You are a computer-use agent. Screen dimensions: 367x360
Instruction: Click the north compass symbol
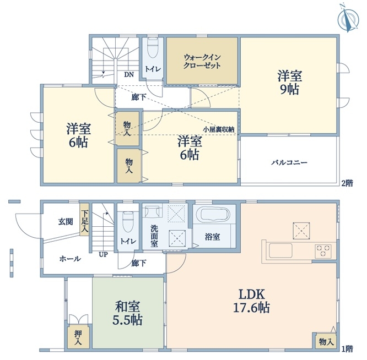coord(348,18)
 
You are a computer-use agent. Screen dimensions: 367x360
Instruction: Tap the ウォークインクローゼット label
coord(202,61)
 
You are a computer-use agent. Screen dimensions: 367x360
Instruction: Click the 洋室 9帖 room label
coord(290,83)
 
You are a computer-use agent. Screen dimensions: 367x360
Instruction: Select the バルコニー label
coord(289,162)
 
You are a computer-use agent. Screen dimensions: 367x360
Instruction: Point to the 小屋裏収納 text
coord(218,129)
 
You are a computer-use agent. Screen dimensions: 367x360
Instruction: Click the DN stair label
coord(129,74)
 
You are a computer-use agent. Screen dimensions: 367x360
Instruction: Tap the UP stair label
coord(103,254)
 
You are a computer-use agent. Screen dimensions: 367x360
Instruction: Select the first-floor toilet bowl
coord(128,222)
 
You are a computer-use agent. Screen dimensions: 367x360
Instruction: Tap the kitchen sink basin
coord(280,250)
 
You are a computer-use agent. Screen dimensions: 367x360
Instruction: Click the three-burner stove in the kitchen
coord(323,252)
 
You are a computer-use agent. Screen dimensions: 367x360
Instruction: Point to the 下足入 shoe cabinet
coord(84,221)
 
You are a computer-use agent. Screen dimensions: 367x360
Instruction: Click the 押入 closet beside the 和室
coord(78,337)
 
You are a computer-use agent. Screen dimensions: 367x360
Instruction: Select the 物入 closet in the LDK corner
coord(326,342)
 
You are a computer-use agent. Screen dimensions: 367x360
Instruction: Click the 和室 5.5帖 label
coord(127,313)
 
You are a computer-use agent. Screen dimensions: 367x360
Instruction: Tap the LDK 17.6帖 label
coord(251,301)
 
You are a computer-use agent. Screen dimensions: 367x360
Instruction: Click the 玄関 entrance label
coord(66,222)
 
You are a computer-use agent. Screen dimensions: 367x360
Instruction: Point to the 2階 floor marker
coord(347,183)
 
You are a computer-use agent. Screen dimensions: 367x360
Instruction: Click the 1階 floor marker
coord(347,348)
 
